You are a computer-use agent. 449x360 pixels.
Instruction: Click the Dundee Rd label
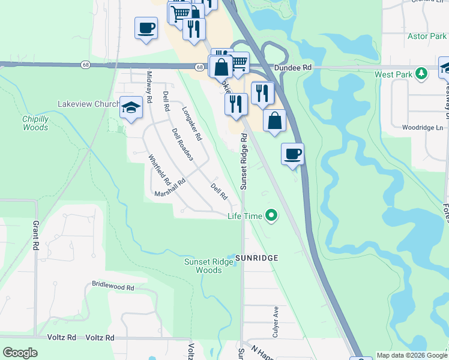293,68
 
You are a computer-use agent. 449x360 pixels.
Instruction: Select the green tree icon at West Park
421,74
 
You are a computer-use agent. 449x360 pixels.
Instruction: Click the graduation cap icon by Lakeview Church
131,107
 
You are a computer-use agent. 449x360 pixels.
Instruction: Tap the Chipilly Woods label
35,123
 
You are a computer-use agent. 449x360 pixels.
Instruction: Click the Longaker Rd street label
192,124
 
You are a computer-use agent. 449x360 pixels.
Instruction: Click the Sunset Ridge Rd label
244,161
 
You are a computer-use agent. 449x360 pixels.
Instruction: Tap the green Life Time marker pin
271,215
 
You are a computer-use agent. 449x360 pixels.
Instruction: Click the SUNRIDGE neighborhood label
256,258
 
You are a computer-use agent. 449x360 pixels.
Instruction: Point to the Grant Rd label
36,235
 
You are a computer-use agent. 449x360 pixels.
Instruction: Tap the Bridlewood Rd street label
113,287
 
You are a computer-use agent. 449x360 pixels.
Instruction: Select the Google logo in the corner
20,353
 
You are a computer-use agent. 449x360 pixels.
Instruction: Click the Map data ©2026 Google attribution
411,355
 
